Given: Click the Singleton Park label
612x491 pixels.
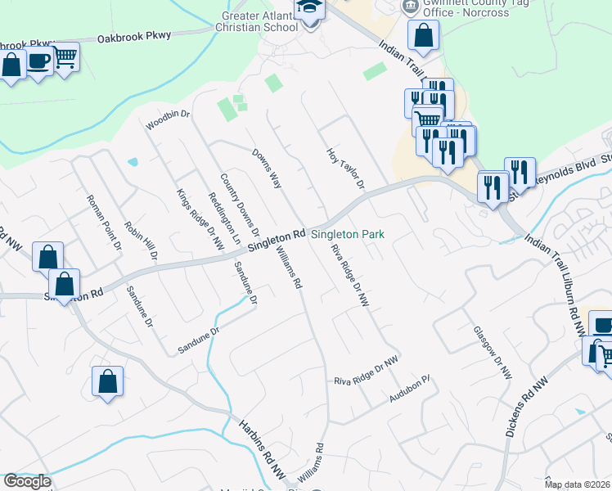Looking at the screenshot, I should click(x=347, y=234).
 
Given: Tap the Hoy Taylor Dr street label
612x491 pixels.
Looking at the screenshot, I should click(x=344, y=168).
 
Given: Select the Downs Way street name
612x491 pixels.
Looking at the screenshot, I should click(x=267, y=169).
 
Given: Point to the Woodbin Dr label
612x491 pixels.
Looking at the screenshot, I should click(x=168, y=120).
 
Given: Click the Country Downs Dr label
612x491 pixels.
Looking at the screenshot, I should click(x=239, y=205).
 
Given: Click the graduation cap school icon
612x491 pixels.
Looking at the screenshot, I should click(x=309, y=10).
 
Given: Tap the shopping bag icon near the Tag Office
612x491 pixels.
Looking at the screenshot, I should click(x=423, y=35).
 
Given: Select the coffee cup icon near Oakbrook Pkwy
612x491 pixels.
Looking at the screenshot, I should click(x=38, y=60).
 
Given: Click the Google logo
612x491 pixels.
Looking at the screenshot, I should click(x=27, y=481).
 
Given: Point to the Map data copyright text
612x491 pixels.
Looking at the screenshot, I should click(x=578, y=484).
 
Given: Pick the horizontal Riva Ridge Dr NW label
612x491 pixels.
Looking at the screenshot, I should click(x=366, y=381).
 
